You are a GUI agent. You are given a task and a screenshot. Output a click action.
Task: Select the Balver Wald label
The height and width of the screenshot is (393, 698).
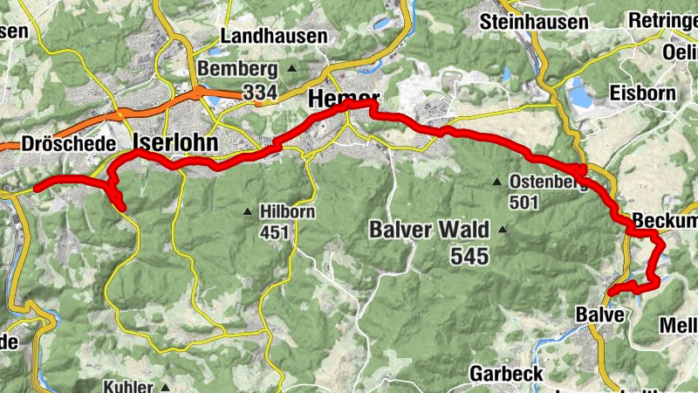coord(431,231)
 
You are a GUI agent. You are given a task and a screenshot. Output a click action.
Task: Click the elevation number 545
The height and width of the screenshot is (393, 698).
coord(470,256)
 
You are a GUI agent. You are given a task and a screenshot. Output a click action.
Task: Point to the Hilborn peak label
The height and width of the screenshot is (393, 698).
coord(287,212)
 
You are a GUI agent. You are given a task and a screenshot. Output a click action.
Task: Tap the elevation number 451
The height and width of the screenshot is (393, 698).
coord(276,232)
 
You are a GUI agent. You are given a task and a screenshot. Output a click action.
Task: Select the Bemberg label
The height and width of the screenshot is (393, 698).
coord(238,68)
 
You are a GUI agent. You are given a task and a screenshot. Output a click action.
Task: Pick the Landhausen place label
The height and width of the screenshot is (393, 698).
coord(273,37)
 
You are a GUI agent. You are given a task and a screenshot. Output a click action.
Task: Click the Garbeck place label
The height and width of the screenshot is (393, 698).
coord(506,373)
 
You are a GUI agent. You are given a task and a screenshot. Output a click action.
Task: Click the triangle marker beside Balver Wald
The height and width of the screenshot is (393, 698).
coord(503,231)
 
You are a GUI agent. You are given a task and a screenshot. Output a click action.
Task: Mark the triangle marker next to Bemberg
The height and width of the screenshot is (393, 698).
coord(291,68)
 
